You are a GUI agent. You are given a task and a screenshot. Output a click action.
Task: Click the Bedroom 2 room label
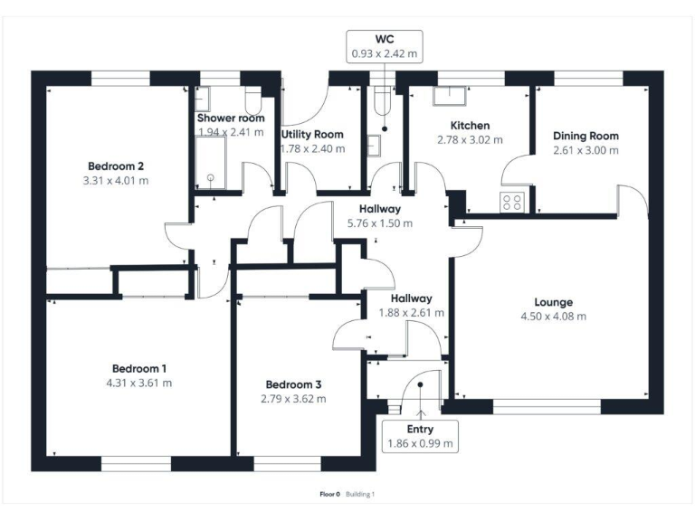[x=117, y=166]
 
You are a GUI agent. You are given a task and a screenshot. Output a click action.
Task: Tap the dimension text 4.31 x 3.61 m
[x=139, y=383]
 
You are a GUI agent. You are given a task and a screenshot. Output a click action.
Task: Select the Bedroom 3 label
[x=293, y=384]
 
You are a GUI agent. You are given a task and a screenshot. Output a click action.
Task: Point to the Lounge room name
[x=553, y=302]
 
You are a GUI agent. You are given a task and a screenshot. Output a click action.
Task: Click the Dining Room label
[x=586, y=137]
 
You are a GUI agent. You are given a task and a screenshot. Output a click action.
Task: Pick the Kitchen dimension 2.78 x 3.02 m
[x=470, y=140]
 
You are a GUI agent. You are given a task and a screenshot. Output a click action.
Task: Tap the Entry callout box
[x=420, y=437]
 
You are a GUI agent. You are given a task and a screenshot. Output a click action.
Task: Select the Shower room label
[x=231, y=118]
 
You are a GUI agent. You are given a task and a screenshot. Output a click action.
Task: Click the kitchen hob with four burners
[x=511, y=203]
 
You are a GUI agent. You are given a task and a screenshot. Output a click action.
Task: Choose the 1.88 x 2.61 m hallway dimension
[x=411, y=313]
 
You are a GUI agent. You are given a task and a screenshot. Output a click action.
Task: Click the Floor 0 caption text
[x=329, y=495]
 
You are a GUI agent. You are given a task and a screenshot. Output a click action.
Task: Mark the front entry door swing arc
[x=418, y=389]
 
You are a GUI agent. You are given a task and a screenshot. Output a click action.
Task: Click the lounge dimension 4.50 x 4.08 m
[x=553, y=317]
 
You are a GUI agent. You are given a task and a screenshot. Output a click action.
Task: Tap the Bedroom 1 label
[x=139, y=368]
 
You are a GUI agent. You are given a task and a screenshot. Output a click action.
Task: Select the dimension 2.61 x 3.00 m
[x=586, y=151]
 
